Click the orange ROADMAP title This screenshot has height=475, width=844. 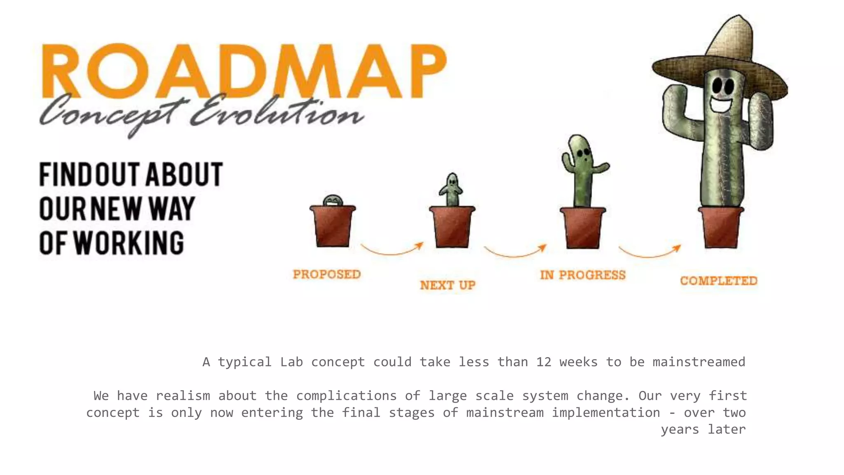pyautogui.click(x=243, y=71)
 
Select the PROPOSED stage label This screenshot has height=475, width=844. pyautogui.click(x=327, y=274)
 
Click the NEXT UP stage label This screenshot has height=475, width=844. pyautogui.click(x=448, y=285)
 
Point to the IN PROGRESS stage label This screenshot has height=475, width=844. pyautogui.click(x=583, y=275)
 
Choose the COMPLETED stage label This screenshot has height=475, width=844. pyautogui.click(x=719, y=281)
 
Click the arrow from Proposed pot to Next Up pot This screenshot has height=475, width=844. pyautogui.click(x=392, y=250)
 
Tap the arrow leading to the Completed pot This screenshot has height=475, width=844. pyautogui.click(x=650, y=252)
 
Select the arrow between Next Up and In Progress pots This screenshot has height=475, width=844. pyautogui.click(x=515, y=252)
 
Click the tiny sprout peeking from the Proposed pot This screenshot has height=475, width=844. pyautogui.click(x=333, y=200)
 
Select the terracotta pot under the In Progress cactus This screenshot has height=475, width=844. pyautogui.click(x=583, y=228)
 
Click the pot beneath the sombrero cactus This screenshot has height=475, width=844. pyautogui.click(x=721, y=228)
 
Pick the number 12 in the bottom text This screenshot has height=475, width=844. pyautogui.click(x=544, y=362)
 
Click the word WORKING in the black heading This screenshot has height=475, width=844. pyautogui.click(x=129, y=243)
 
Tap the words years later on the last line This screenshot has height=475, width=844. pyautogui.click(x=703, y=429)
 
